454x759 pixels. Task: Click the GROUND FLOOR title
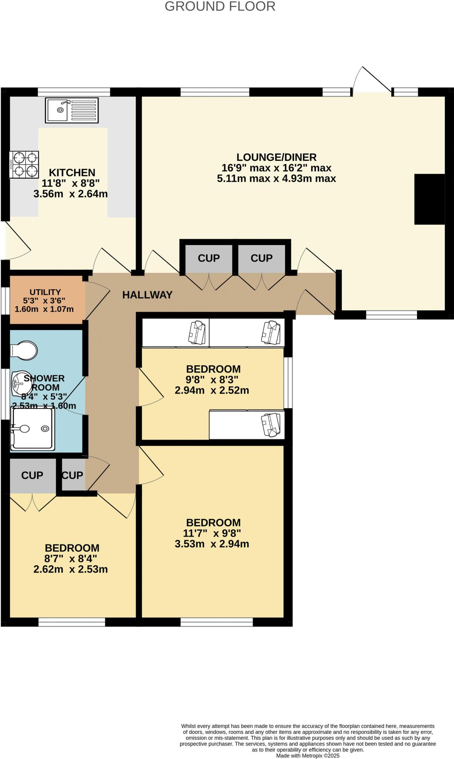pyautogui.click(x=220, y=6)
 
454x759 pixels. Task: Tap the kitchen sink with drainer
pyautogui.click(x=72, y=110)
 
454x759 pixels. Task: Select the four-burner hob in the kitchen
pyautogui.click(x=24, y=165)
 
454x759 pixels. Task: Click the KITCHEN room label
pyautogui.click(x=72, y=172)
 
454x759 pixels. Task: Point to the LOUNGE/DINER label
pyautogui.click(x=276, y=157)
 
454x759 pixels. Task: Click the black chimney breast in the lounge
pyautogui.click(x=429, y=199)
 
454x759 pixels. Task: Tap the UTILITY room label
pyautogui.click(x=45, y=292)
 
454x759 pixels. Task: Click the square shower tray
pyautogui.click(x=33, y=429)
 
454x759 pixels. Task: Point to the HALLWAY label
pyautogui.click(x=147, y=295)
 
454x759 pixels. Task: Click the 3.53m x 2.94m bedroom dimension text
pyautogui.click(x=212, y=544)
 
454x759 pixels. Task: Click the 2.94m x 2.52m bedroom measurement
pyautogui.click(x=212, y=390)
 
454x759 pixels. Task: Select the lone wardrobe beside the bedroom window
pyautogui.click(x=247, y=425)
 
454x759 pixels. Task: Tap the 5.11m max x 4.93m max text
pyautogui.click(x=276, y=179)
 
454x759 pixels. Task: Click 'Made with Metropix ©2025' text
pyautogui.click(x=307, y=756)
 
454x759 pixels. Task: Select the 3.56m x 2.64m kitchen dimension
pyautogui.click(x=70, y=194)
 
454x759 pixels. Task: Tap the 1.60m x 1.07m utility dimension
pyautogui.click(x=44, y=309)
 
